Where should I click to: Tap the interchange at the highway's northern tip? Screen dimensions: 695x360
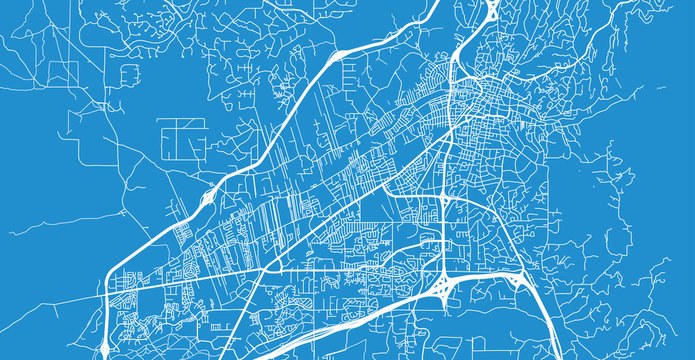point(491,10)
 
